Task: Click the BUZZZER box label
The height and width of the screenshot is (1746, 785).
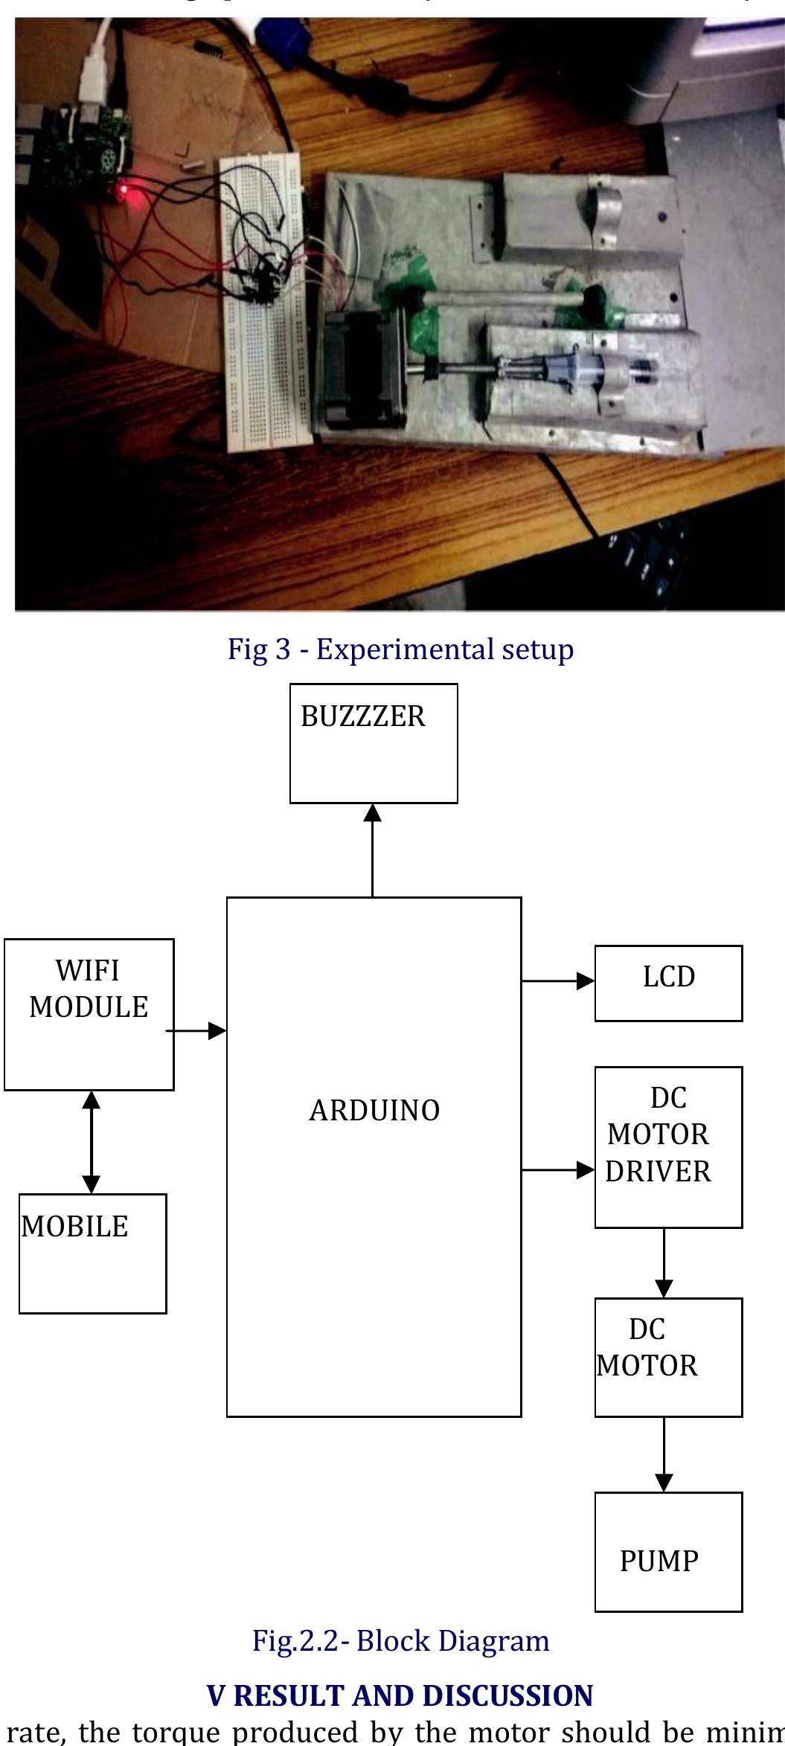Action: [x=362, y=716]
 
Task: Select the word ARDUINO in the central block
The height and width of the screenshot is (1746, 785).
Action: [x=374, y=1111]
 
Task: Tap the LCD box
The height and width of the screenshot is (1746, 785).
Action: [x=668, y=983]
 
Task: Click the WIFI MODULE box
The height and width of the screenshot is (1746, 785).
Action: [x=89, y=1014]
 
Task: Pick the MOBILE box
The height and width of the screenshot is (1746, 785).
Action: [x=92, y=1254]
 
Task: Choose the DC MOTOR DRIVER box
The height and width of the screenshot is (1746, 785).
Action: [x=668, y=1146]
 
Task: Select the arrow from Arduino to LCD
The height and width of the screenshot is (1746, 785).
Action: [x=557, y=981]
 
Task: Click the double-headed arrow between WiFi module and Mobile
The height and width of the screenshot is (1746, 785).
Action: [x=91, y=1142]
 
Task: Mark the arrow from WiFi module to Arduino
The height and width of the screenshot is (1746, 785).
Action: [x=196, y=1030]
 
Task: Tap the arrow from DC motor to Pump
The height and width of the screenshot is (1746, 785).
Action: [x=664, y=1454]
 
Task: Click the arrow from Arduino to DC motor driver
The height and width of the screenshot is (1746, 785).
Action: [x=557, y=1170]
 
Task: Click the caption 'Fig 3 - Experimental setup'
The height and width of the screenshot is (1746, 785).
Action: [x=400, y=649]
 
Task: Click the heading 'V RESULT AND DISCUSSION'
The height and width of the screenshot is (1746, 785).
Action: [x=400, y=1695]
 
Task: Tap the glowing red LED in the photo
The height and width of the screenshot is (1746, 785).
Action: [x=124, y=194]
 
